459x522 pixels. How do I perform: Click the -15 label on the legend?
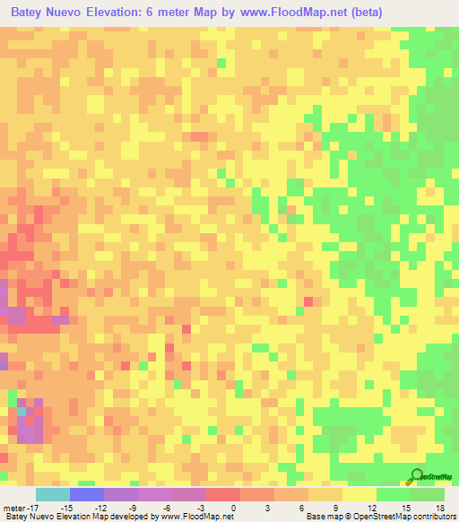click(x=66, y=507)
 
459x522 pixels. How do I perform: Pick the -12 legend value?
click(x=100, y=507)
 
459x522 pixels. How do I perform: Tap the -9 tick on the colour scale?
click(x=135, y=507)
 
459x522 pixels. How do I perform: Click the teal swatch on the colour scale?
click(x=53, y=494)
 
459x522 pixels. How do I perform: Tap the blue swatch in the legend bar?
click(x=87, y=494)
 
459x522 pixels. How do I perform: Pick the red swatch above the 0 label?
click(x=223, y=494)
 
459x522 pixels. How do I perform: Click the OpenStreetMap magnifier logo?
click(x=419, y=476)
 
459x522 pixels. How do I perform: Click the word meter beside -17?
click(x=15, y=507)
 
